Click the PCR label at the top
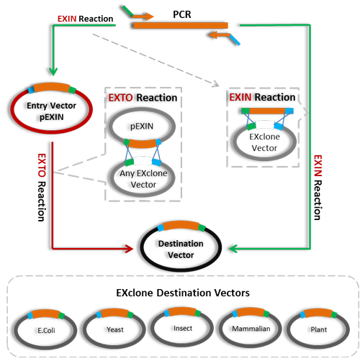[182, 14]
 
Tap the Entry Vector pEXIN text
[51, 111]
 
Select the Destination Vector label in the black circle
[181, 250]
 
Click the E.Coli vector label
[46, 330]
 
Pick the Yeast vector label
[115, 329]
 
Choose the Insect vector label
[183, 329]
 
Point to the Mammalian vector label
[251, 329]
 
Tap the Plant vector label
[319, 329]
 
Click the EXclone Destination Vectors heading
[183, 293]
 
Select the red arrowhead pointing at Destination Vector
[129, 249]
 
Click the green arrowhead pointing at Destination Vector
[233, 249]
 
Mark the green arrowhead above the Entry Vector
[53, 71]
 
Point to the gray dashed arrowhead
[215, 83]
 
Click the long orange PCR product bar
[181, 25]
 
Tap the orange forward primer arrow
[143, 17]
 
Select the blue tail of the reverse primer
[235, 40]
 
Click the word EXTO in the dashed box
[120, 98]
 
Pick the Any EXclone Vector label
[143, 179]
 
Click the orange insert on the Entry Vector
[52, 87]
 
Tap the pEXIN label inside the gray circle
[142, 127]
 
